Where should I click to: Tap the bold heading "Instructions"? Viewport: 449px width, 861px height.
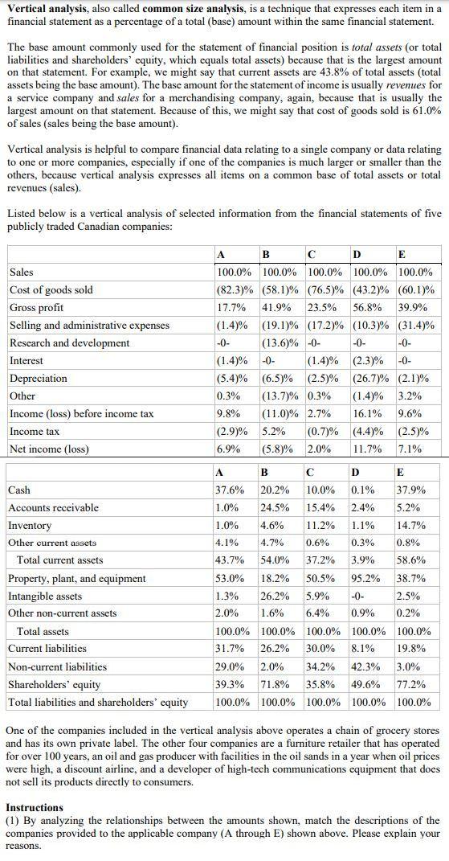pyautogui.click(x=35, y=807)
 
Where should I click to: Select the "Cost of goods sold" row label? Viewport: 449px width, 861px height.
pyautogui.click(x=51, y=289)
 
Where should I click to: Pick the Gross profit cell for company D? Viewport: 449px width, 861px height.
pyautogui.click(x=371, y=307)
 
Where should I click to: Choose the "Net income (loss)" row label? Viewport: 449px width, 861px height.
pyautogui.click(x=49, y=449)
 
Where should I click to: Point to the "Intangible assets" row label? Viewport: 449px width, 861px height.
pyautogui.click(x=45, y=596)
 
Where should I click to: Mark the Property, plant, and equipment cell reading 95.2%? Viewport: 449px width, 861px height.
pyautogui.click(x=367, y=578)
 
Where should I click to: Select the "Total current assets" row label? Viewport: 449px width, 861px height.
pyautogui.click(x=60, y=560)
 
